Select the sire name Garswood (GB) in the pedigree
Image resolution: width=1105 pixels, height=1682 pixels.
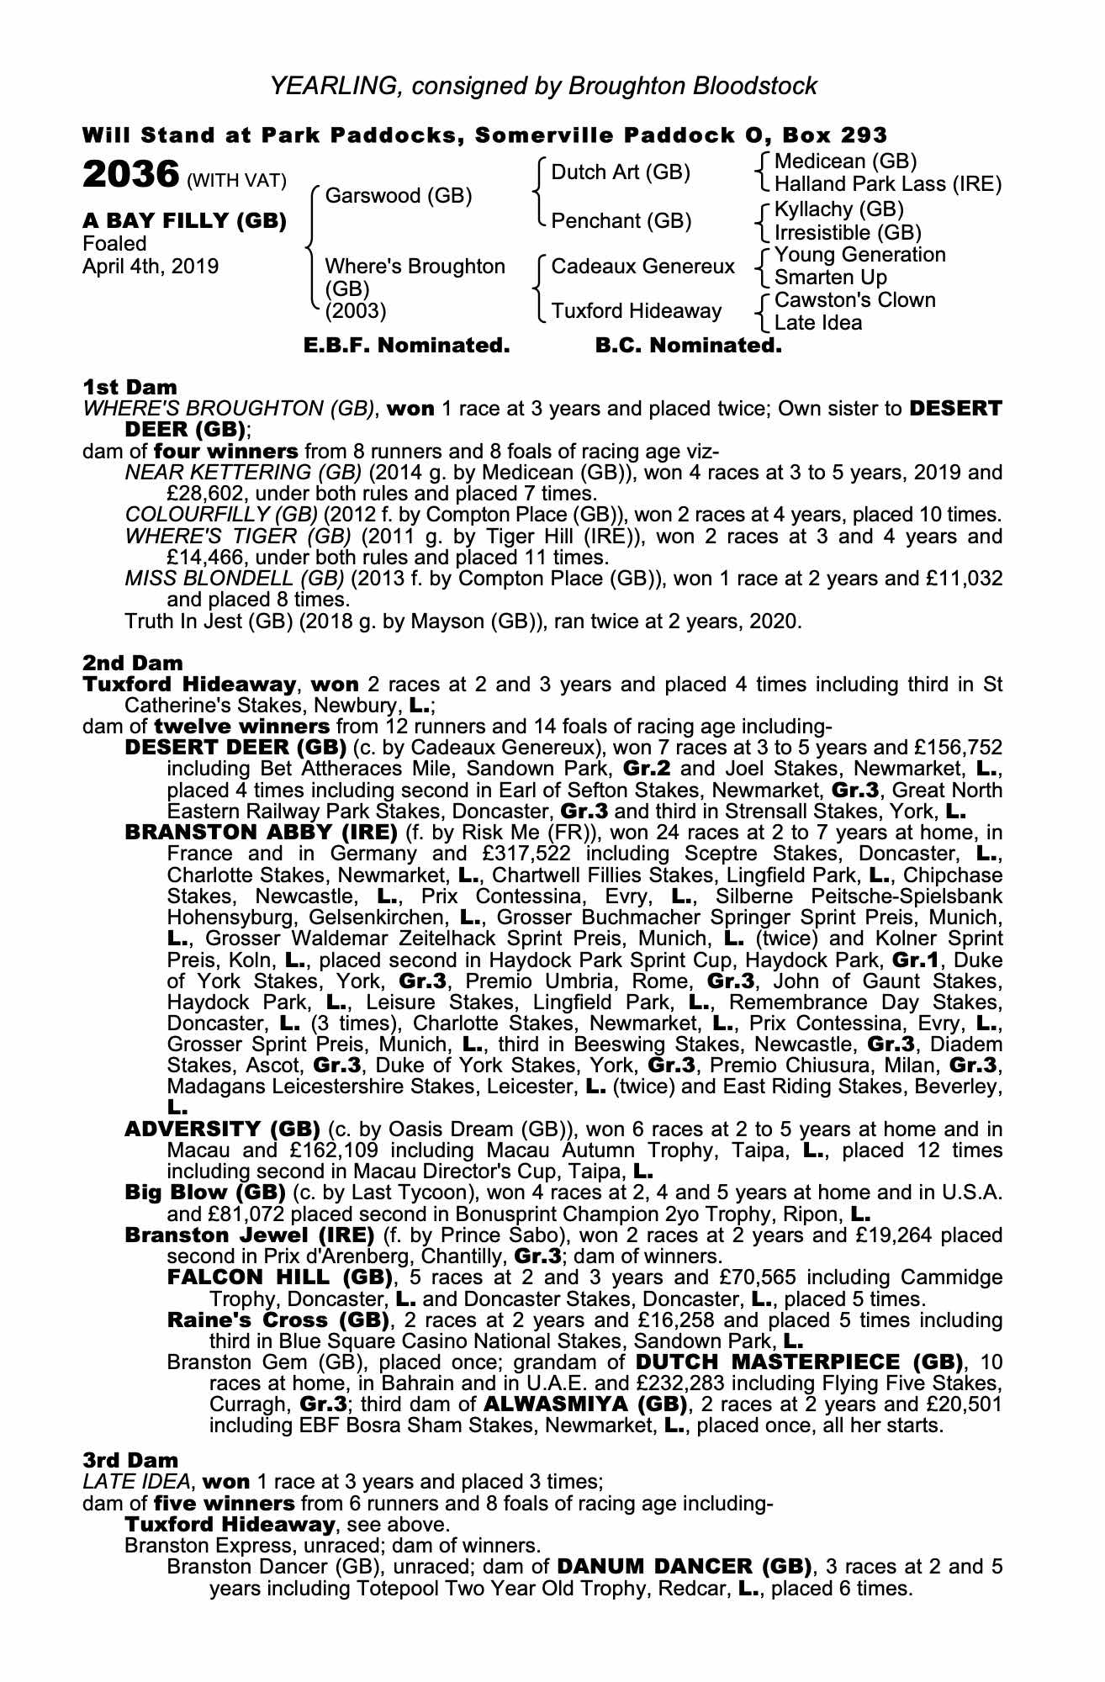coord(398,196)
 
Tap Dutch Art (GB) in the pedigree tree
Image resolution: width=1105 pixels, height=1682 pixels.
coord(621,172)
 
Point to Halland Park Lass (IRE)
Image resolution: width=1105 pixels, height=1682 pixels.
coord(888,184)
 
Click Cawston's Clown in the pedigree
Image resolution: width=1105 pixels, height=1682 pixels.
coord(854,300)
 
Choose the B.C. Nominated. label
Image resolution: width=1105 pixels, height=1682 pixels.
coord(688,346)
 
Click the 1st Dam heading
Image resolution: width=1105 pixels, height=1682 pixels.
coord(130,388)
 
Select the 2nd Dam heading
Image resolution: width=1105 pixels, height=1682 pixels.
coord(133,664)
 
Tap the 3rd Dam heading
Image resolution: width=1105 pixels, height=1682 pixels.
coord(131,1461)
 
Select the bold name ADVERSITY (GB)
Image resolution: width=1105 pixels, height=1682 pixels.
coord(222,1129)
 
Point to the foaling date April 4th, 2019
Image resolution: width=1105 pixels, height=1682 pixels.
coord(151,267)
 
